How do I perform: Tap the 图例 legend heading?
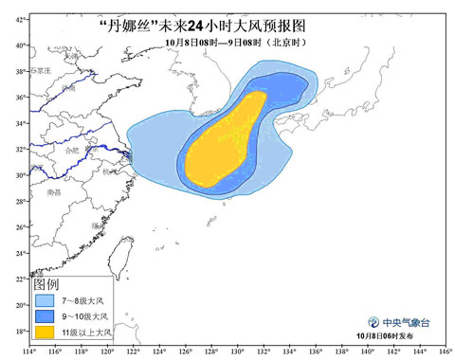tap(47, 285)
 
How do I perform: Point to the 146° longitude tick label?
tap(441, 352)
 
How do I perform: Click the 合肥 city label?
tap(73, 150)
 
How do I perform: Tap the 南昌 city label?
tap(53, 192)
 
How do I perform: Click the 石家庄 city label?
tap(39, 70)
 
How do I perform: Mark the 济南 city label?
tap(68, 88)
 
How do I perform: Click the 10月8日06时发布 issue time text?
tap(396, 337)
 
